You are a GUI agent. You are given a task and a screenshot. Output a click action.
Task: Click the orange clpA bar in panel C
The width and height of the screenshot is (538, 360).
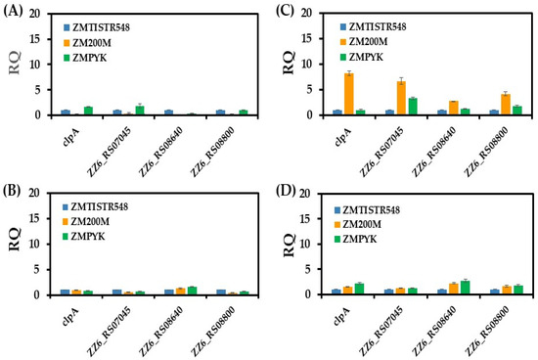348,94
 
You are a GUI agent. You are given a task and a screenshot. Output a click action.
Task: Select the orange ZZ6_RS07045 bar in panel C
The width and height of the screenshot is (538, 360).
401,98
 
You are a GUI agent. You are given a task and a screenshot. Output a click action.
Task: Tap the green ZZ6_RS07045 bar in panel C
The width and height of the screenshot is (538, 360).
413,107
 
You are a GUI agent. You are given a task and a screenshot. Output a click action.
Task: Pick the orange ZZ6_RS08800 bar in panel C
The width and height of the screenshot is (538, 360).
506,105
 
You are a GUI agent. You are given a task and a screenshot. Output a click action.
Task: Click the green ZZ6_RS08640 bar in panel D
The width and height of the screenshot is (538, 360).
465,288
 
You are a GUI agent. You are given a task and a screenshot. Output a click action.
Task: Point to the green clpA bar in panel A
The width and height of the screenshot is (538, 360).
88,111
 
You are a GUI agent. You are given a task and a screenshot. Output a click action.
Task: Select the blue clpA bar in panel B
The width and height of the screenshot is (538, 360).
65,292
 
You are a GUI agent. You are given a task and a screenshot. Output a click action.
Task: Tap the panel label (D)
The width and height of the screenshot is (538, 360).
286,191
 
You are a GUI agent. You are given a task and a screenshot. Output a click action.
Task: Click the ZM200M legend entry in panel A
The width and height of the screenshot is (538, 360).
87,43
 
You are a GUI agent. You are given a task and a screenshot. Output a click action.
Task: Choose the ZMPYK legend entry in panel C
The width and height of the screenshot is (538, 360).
361,57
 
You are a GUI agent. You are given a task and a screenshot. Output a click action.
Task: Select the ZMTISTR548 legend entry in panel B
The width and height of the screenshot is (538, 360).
95,207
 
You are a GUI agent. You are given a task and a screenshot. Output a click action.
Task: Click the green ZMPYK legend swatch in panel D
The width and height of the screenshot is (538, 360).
337,239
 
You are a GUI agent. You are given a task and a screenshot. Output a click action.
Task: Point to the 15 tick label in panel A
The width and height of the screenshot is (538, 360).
34,39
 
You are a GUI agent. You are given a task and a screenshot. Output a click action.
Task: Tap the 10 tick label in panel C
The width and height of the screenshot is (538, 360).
307,65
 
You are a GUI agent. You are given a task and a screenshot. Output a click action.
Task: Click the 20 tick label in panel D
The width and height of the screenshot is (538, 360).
307,194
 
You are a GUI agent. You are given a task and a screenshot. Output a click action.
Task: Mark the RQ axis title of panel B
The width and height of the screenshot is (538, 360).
15,240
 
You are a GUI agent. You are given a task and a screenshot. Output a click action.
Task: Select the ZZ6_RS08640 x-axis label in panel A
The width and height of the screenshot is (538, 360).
161,152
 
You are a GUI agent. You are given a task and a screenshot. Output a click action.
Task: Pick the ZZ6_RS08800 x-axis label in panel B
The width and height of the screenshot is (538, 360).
213,332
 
